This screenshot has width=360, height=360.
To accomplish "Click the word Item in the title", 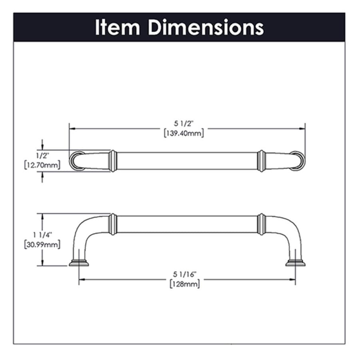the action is point(117,27).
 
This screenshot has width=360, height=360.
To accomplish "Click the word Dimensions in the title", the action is point(206,27).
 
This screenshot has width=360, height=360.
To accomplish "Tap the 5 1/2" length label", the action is point(184,124).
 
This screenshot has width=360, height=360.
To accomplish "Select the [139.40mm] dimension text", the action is point(184,133).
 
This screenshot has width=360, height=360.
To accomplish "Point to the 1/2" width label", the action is point(42,156).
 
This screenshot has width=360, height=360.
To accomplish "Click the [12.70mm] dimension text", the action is point(42,165).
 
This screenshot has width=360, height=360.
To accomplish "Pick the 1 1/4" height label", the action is point(43,235).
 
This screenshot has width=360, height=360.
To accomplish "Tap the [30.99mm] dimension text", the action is point(42,244).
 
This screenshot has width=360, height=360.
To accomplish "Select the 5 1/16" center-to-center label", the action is point(185,274).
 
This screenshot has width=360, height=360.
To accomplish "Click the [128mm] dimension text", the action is point(185,284).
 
